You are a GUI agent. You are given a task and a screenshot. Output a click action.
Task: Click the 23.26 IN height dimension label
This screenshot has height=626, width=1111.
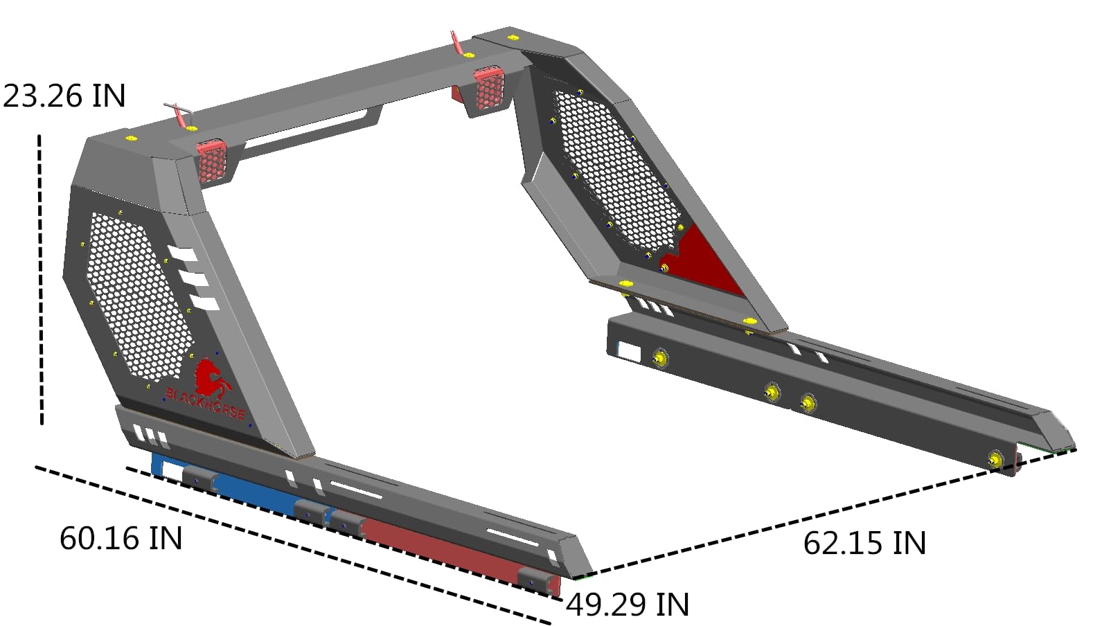[x=64, y=96]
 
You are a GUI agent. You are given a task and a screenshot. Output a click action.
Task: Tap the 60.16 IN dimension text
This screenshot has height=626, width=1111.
[x=121, y=538]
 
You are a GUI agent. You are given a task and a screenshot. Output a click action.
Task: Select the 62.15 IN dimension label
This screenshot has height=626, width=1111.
[x=864, y=543]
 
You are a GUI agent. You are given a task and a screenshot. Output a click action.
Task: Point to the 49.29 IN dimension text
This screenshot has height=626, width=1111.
[x=628, y=605]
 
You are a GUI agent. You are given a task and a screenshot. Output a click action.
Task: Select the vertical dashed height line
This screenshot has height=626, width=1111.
[x=40, y=279]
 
